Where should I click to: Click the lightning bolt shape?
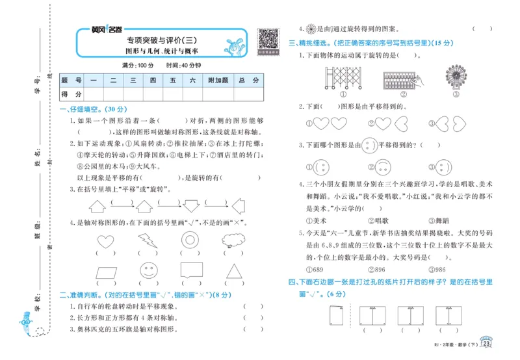pos(147,240)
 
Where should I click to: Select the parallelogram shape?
pos(104,268)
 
